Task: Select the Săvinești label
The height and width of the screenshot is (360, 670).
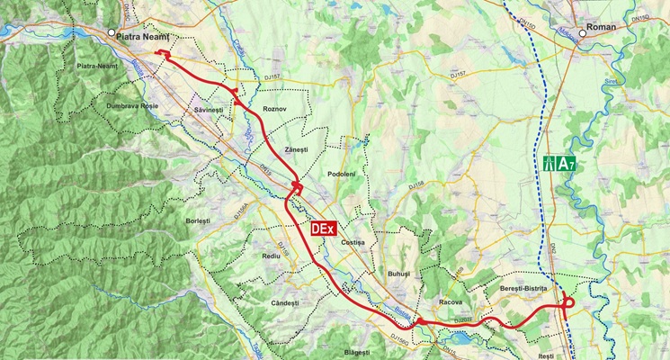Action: coord(207,109)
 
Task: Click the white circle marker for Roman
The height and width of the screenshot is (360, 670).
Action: coord(583,33)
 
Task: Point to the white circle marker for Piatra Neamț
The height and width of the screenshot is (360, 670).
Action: coord(111,33)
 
